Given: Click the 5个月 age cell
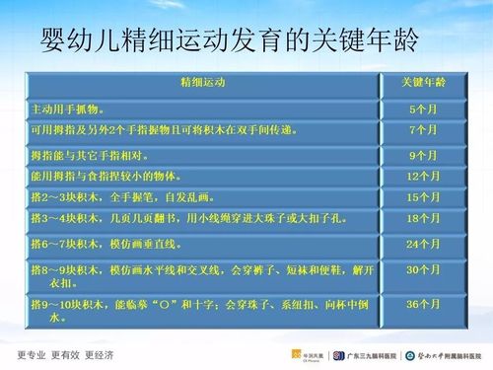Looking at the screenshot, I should tap(422, 108).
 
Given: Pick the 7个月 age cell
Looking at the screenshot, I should tap(422, 130).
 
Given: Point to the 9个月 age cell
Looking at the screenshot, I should tap(422, 155).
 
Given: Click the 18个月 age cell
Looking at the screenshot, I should tap(422, 218).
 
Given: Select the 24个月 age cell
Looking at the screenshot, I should tap(422, 244).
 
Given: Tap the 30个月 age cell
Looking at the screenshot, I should tap(422, 269).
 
